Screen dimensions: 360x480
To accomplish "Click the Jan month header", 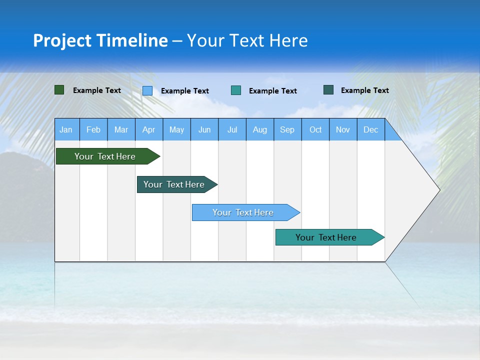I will click(66, 129).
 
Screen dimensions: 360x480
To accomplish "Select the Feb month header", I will click(93, 129).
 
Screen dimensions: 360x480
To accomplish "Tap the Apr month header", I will click(148, 129).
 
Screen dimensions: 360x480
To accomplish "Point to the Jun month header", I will click(204, 129).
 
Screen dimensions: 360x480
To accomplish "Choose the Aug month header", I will click(259, 129).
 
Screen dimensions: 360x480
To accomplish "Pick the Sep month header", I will click(287, 129).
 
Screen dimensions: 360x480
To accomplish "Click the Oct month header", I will click(315, 129).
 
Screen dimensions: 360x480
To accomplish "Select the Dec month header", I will click(370, 129).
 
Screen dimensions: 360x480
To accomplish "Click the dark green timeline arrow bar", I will click(105, 156).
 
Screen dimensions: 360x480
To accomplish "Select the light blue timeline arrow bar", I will click(243, 212).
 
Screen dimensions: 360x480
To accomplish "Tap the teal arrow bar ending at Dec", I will click(326, 237).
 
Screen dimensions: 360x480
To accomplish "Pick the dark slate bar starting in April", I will click(174, 184).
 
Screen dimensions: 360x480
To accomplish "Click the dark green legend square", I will click(59, 90).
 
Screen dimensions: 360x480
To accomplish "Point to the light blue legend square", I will click(147, 90).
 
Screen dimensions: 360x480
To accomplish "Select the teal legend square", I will click(236, 90).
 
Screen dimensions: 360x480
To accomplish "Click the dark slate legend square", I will click(328, 90).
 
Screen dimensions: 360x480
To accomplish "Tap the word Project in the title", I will click(62, 40).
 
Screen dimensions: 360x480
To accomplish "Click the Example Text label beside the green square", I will click(97, 90).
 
